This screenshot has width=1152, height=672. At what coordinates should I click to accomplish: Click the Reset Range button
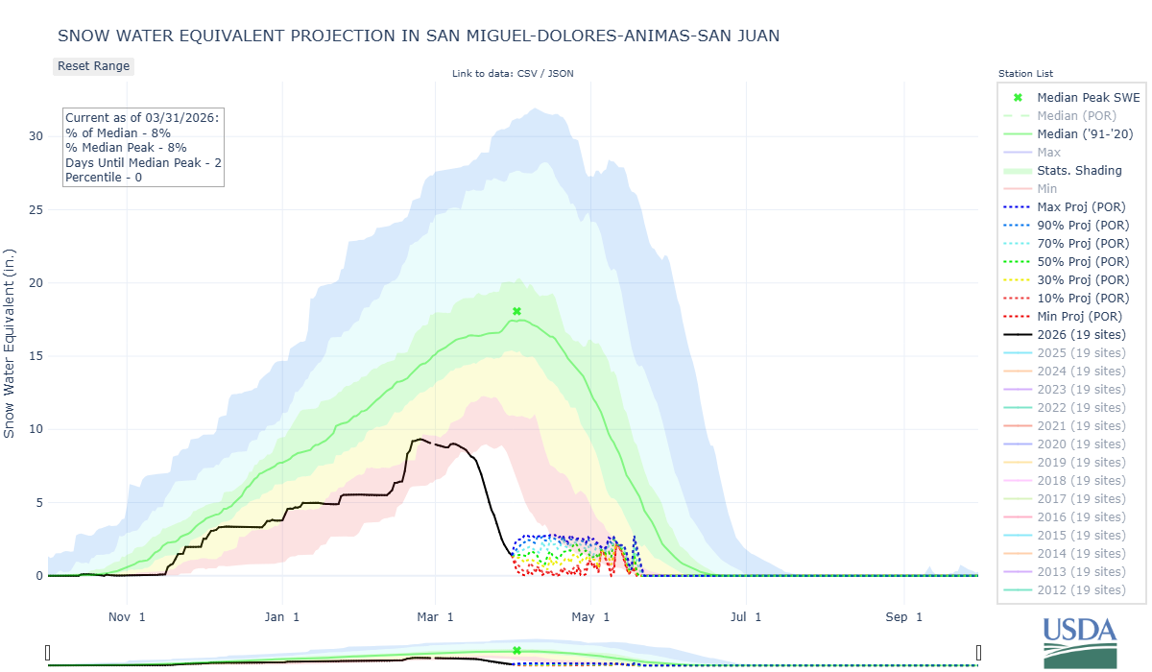pyautogui.click(x=93, y=66)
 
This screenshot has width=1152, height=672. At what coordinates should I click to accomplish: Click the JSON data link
pyautogui.click(x=561, y=74)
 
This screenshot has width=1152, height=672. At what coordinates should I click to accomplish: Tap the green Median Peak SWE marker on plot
pyautogui.click(x=516, y=311)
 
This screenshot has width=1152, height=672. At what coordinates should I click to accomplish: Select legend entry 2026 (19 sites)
pyautogui.click(x=1081, y=334)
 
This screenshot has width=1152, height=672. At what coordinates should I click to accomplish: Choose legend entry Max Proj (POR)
pyautogui.click(x=1081, y=206)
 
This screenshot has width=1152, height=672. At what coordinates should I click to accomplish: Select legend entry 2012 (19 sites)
pyautogui.click(x=1081, y=589)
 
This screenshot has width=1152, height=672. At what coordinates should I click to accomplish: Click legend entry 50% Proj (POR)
pyautogui.click(x=1081, y=261)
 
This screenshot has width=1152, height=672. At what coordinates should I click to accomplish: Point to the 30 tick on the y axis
pyautogui.click(x=36, y=135)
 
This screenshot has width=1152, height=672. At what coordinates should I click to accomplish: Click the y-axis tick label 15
pyautogui.click(x=36, y=356)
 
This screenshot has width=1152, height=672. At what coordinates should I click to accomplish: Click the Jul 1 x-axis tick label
pyautogui.click(x=745, y=616)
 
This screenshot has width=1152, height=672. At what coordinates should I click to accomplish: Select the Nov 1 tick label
pyautogui.click(x=127, y=616)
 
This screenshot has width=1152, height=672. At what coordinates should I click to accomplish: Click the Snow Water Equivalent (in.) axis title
pyautogui.click(x=10, y=341)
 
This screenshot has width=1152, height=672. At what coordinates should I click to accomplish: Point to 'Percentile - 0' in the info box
pyautogui.click(x=104, y=178)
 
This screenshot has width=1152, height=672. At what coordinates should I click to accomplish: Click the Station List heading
pyautogui.click(x=1025, y=74)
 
